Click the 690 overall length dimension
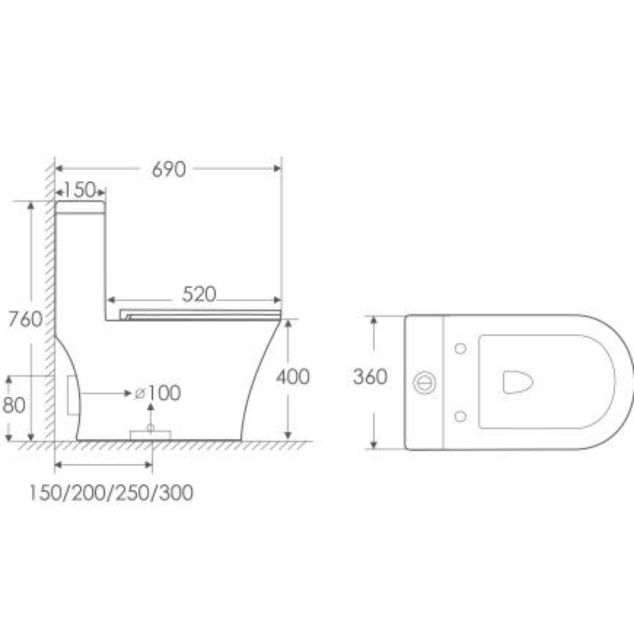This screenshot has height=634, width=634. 168,169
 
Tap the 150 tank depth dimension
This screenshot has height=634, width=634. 80,190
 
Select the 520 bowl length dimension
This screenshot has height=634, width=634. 199,294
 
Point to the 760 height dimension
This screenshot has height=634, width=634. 25,319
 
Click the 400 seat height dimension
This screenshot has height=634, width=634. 292,376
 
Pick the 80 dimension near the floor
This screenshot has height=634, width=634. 14,405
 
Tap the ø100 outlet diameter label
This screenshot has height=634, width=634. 158,393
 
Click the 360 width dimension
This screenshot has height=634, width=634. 370,376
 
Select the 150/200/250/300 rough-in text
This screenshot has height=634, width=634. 111,493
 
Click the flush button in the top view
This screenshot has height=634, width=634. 424,383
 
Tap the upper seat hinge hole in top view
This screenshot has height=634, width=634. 460,349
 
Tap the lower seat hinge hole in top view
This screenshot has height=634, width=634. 460,416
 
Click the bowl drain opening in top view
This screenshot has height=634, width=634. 517,382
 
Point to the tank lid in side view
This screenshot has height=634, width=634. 80,207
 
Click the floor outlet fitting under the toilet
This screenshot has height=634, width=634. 150,434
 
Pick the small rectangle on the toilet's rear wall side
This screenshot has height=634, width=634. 73,396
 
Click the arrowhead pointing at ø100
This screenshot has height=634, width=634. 129,393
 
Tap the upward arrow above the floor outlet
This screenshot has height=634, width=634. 151,407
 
